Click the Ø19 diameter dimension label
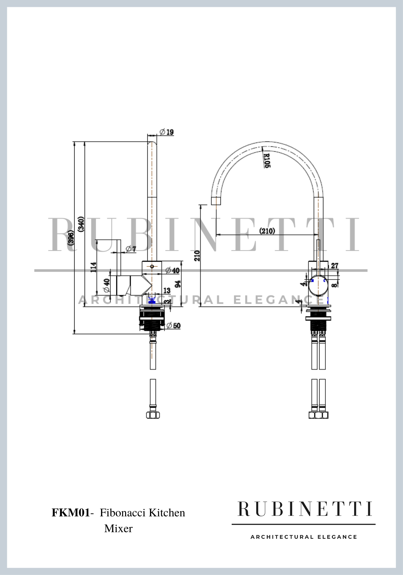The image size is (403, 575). pos(167,132)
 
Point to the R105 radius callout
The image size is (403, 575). pos(267,160)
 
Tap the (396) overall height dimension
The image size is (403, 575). pos(71,237)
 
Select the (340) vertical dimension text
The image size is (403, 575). pos(81,224)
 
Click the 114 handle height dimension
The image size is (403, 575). pos(94,267)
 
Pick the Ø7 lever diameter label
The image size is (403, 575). pos(131,249)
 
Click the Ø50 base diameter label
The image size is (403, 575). pos(174,325)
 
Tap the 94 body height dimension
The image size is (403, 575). pos(178,284)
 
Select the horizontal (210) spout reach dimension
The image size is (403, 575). pos(267,231)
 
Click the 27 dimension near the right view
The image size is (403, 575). pos(334,265)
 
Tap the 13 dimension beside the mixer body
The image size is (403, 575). pos(167,291)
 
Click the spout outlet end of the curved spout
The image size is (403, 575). pos(216,201)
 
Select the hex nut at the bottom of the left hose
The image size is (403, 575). pos(153,415)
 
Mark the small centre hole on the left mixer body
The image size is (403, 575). pos(152,267)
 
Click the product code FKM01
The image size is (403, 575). pos(71,513)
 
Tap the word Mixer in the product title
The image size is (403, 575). pos(118,528)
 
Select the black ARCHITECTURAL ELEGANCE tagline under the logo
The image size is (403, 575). pos(304,537)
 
